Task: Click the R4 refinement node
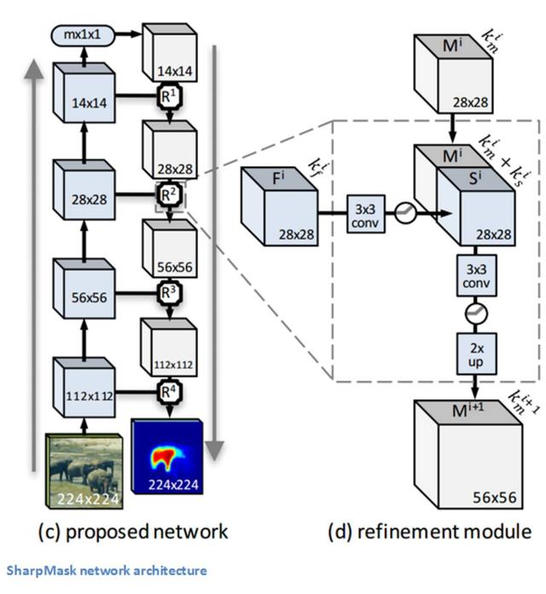[167, 392]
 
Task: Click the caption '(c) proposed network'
[134, 531]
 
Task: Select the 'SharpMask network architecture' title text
[107, 570]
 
